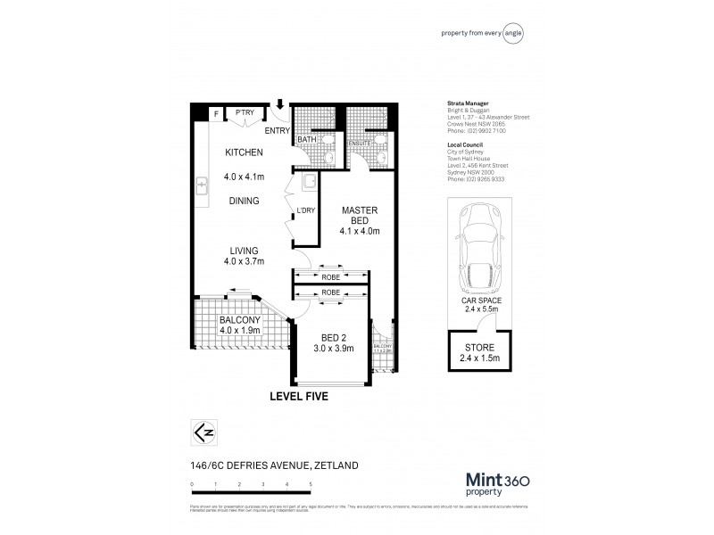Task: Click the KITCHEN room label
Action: pos(242,152)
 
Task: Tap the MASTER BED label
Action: pos(360,216)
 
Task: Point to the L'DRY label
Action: pos(306,210)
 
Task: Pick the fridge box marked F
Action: pos(215,113)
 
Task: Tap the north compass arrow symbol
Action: pos(203,432)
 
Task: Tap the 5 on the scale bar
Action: pos(311,483)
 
